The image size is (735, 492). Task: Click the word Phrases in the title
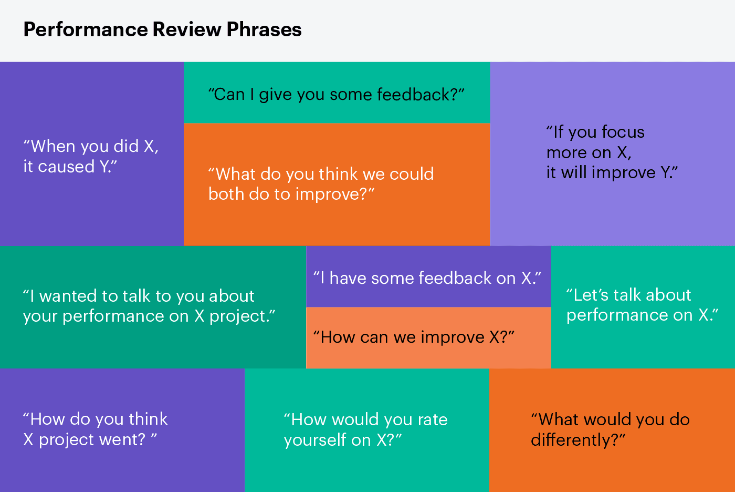coord(264,30)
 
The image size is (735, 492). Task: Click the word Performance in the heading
coord(85,30)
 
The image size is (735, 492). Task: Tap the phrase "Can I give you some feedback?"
coord(336,95)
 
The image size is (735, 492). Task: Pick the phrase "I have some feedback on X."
coord(427,278)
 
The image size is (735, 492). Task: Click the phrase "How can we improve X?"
coord(413,337)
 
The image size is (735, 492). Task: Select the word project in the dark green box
coord(239,316)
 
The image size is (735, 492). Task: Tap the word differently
coord(574,440)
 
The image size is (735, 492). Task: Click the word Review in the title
coord(187,30)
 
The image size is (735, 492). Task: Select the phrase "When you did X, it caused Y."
coord(90,156)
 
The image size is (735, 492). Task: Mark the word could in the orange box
coord(412,174)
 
